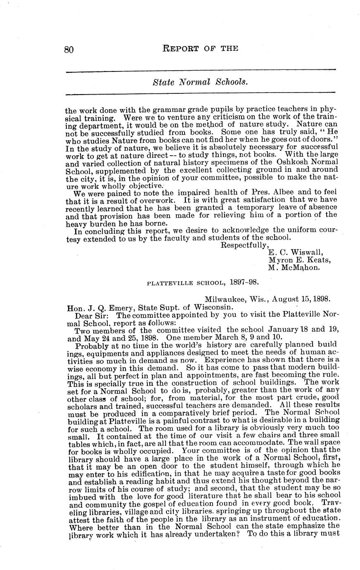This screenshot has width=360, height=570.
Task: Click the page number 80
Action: (69, 50)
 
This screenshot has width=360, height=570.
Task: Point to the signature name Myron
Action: (281, 260)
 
